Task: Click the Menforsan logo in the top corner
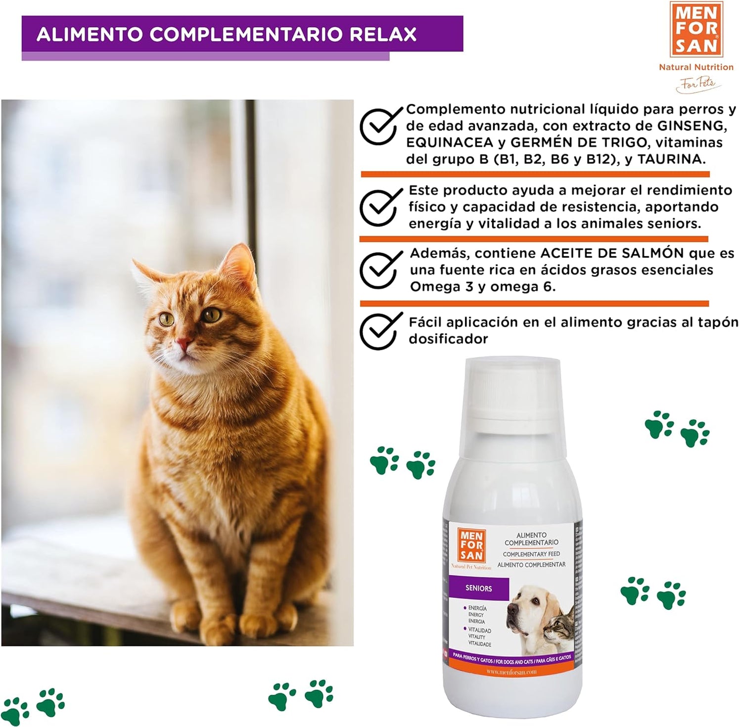[696, 29]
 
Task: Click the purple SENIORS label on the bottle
[478, 589]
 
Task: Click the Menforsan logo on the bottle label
[471, 545]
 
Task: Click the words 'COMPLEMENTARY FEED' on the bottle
[531, 554]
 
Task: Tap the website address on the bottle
[511, 672]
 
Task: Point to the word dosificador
[448, 339]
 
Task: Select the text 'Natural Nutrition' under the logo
[696, 67]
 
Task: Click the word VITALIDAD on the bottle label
[479, 631]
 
